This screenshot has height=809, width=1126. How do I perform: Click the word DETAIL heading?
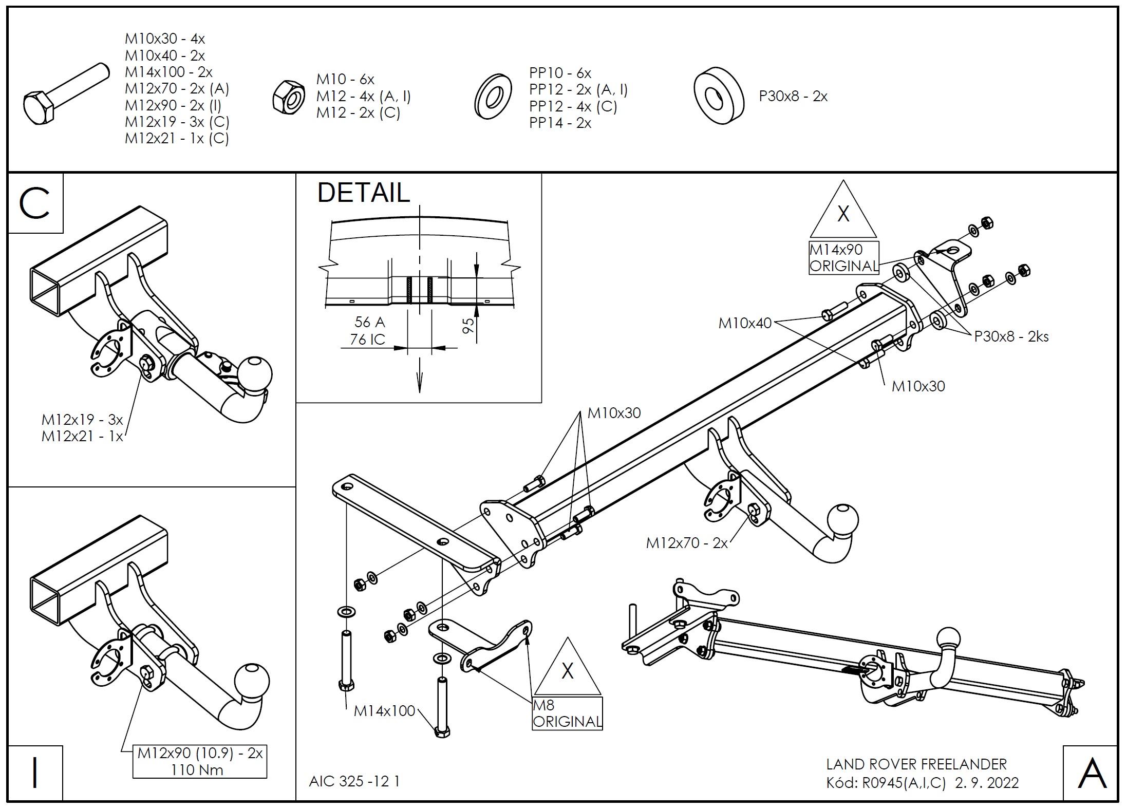364,193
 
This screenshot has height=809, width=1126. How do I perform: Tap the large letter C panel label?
34,203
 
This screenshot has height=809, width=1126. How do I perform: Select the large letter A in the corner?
1092,774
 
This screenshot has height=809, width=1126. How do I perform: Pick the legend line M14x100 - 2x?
168,72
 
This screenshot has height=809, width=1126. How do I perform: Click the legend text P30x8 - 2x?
793,97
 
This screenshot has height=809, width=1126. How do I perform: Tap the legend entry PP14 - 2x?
560,123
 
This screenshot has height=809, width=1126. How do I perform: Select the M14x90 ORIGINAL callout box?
843,258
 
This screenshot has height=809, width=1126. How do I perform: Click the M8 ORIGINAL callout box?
567,713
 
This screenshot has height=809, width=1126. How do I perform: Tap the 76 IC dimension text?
368,340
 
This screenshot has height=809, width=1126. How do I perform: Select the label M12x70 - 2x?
687,543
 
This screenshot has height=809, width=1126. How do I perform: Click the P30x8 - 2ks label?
1011,337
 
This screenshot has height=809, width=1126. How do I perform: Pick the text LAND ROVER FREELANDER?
916,764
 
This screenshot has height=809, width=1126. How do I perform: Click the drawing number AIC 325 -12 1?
354,781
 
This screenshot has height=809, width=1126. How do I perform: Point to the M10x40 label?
745,323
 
